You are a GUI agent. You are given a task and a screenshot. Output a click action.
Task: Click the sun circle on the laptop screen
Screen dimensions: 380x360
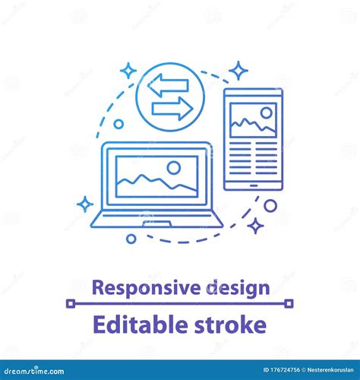pos(174,167)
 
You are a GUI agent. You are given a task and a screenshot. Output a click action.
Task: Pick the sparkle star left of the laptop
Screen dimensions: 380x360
pos(85,204)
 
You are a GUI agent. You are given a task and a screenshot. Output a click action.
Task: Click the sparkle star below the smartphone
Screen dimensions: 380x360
pos(257,225)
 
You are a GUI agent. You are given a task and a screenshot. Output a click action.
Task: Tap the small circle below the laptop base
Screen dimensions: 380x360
pos(131,239)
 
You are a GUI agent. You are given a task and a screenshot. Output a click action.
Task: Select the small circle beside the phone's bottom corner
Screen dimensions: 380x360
pos(270,205)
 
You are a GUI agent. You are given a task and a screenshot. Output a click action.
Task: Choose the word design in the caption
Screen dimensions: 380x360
pos(235,287)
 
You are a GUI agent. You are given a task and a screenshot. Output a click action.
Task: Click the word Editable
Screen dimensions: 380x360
pos(130,325)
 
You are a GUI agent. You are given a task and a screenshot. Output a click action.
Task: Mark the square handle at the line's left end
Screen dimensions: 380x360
pos(70,303)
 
